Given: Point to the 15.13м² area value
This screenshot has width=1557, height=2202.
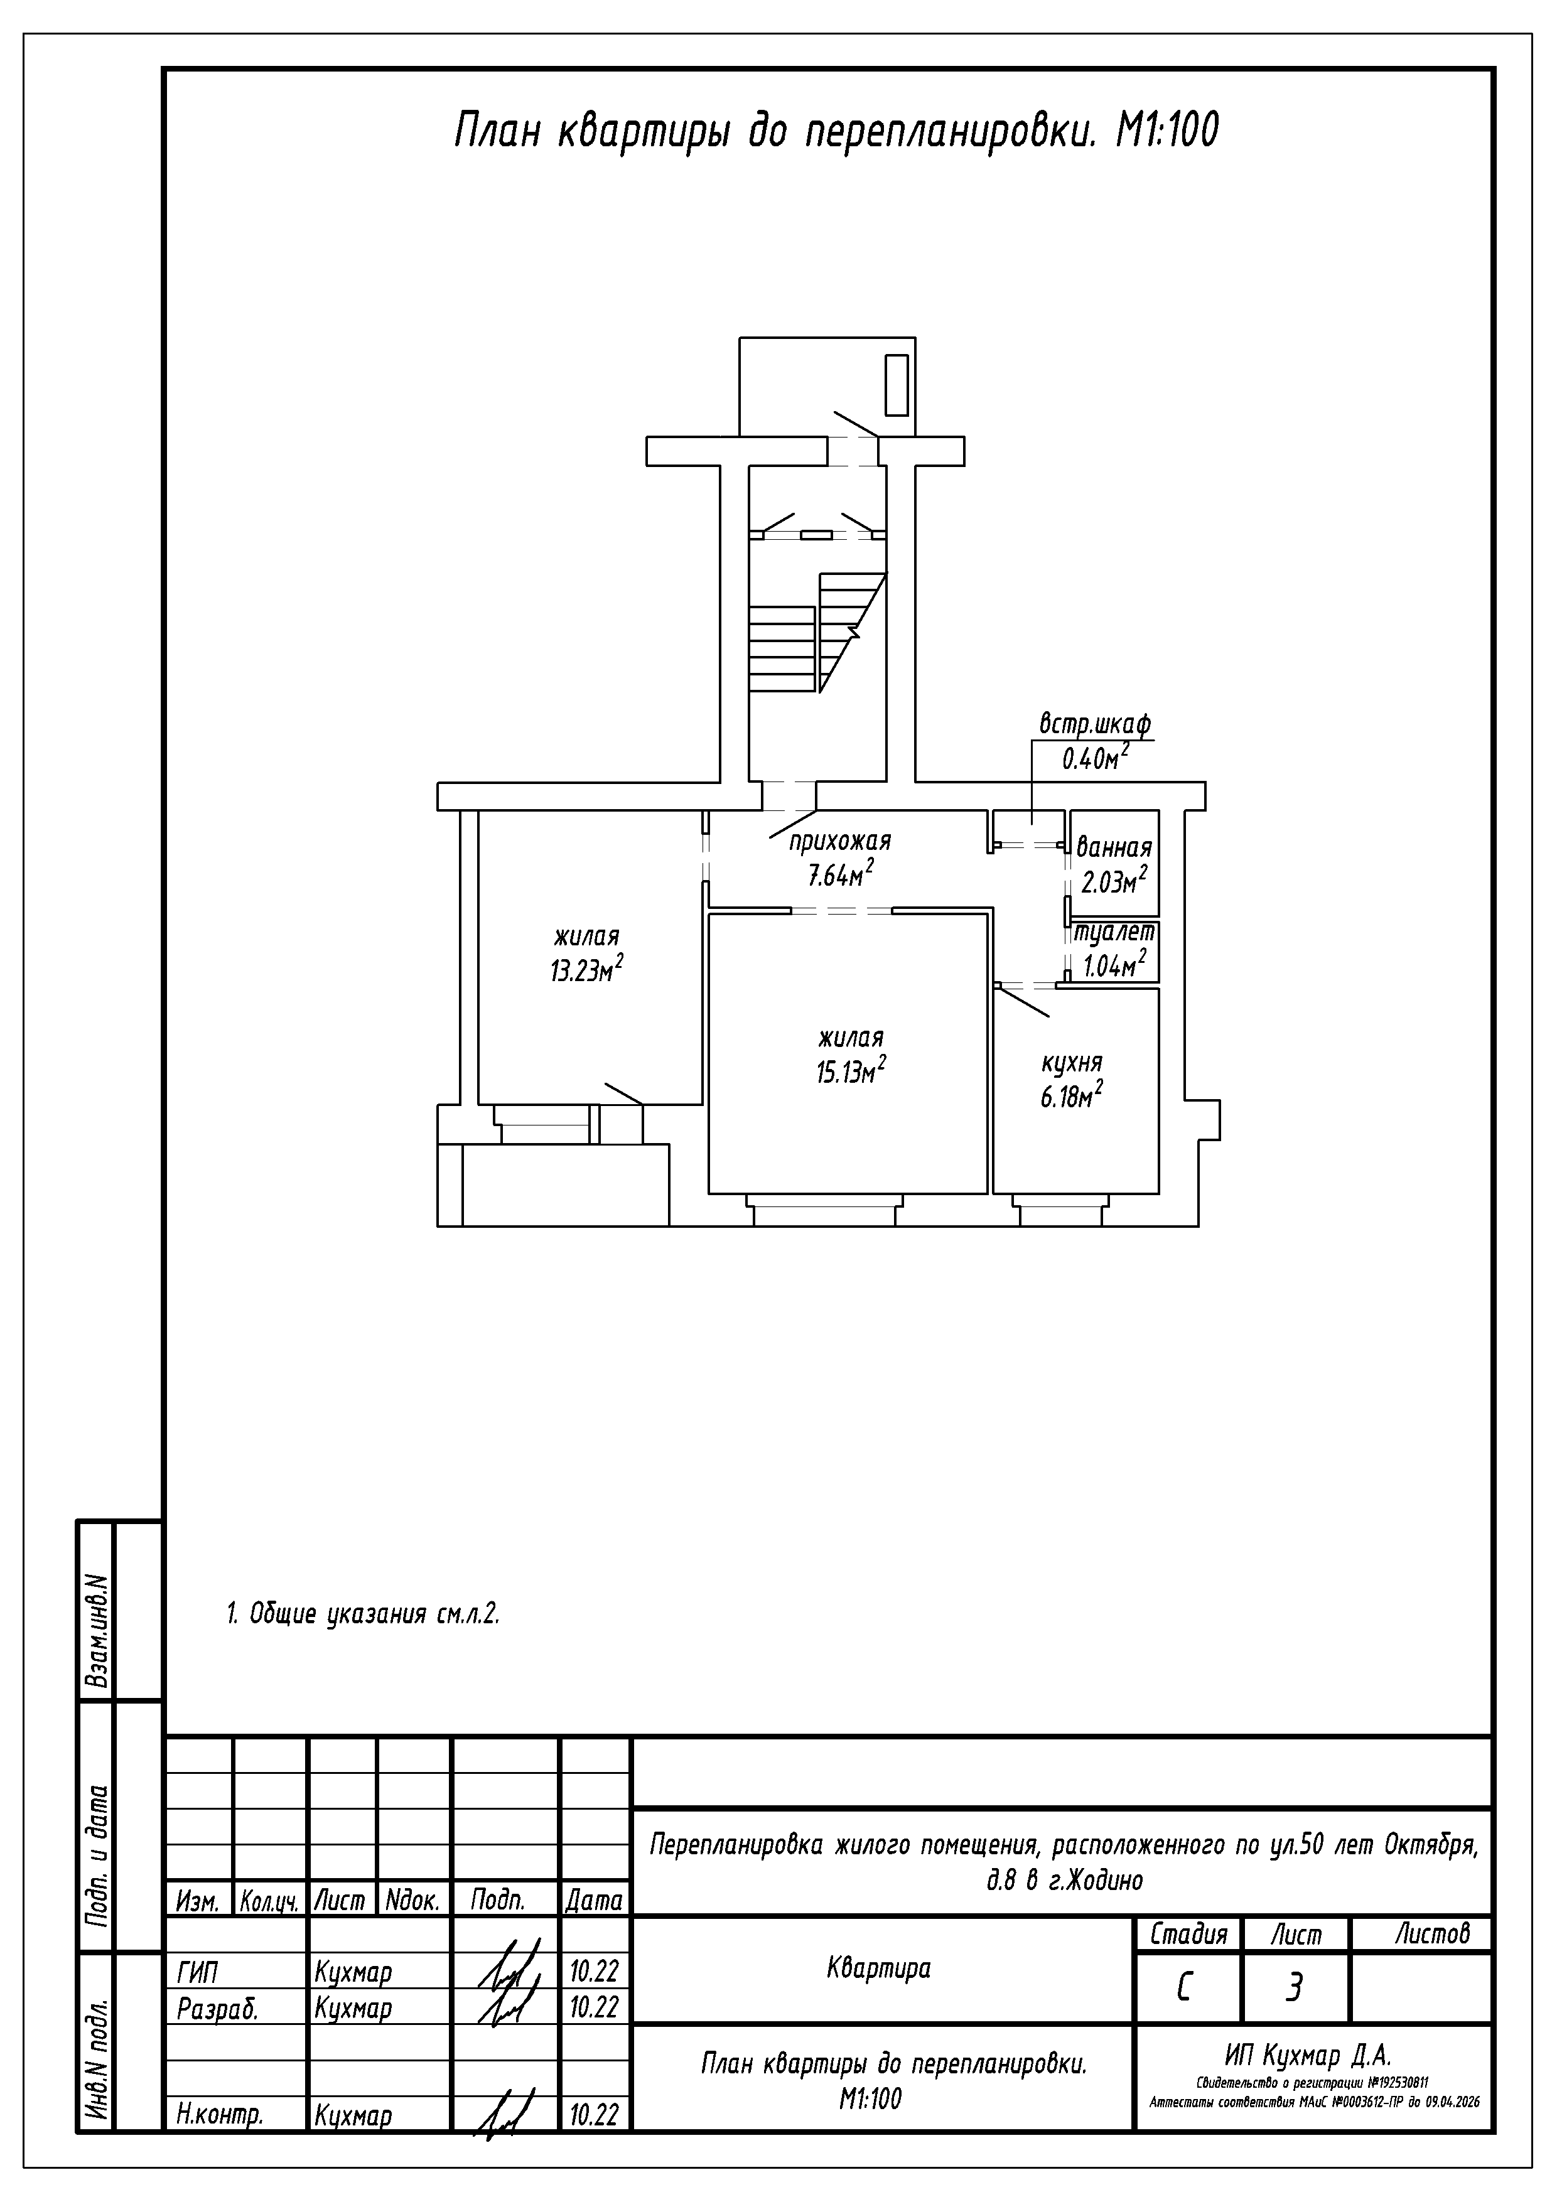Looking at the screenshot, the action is click(851, 1070).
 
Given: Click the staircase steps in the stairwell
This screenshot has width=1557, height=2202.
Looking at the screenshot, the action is click(817, 633).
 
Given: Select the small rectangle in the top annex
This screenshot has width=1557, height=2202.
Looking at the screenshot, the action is click(896, 385).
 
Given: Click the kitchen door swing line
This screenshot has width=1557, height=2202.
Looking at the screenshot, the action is click(1023, 1001).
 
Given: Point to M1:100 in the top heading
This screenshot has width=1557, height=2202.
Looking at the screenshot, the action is click(1166, 131).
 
